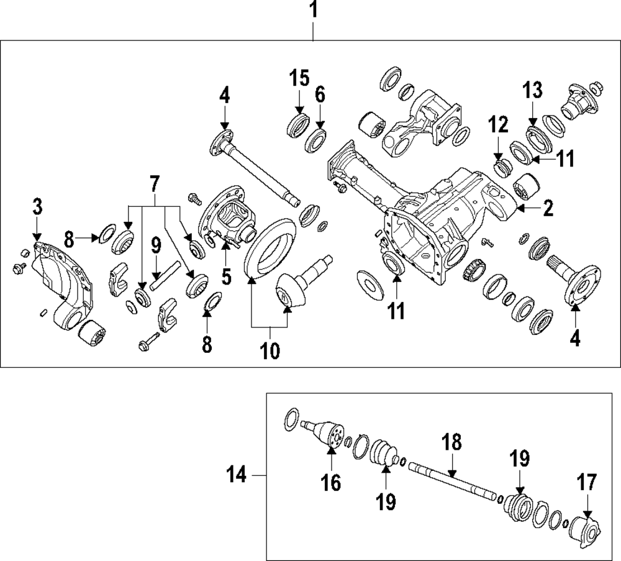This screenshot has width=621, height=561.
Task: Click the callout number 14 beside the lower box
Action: click(x=237, y=476)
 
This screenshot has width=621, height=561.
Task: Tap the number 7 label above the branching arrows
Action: click(x=154, y=184)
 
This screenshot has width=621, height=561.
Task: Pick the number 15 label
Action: click(x=299, y=79)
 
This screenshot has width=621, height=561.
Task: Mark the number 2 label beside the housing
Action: click(x=548, y=209)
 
